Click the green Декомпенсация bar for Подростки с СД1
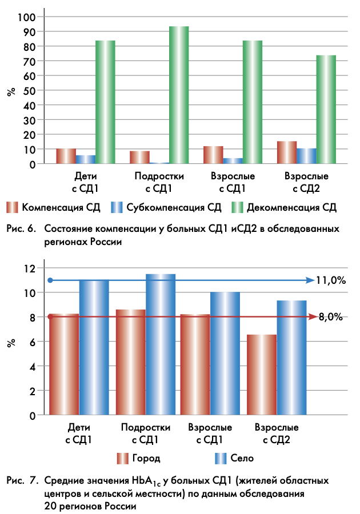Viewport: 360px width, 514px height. click(179, 95)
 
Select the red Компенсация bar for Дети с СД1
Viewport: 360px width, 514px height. click(66, 156)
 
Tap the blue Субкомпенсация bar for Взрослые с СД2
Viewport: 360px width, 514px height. click(307, 156)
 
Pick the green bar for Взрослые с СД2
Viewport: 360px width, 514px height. click(326, 109)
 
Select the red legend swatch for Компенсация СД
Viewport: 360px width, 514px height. click(13, 207)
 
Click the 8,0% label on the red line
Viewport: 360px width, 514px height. click(331, 317)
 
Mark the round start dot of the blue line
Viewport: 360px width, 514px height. click(50, 280)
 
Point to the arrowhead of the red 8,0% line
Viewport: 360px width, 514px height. click(313, 316)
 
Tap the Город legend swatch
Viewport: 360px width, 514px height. click(122, 458)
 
